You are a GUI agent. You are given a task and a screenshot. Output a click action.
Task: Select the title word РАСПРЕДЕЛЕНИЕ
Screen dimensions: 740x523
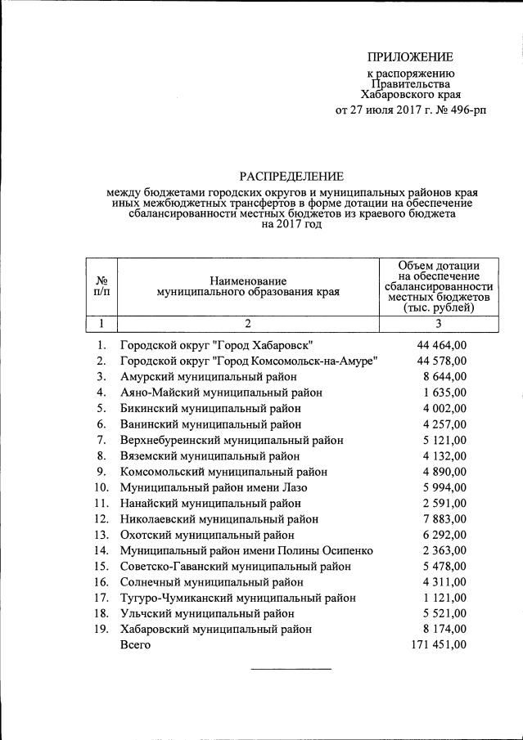[x=291, y=176]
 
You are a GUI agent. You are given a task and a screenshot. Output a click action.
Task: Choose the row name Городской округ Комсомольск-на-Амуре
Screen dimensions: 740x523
[x=248, y=361]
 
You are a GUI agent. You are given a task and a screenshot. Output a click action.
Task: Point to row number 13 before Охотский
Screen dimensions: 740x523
[x=101, y=535]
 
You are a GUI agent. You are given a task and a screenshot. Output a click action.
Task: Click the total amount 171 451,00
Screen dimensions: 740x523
[x=438, y=645]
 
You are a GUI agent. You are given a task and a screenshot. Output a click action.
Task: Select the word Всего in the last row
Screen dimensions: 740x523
[x=136, y=645]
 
